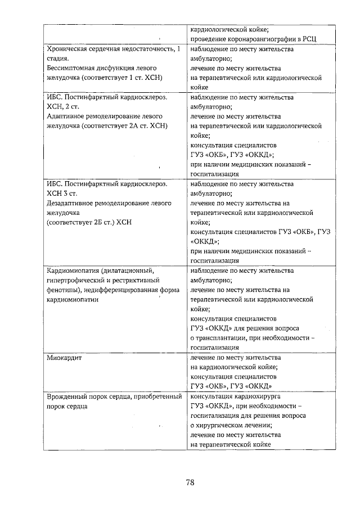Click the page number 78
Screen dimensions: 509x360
(190, 482)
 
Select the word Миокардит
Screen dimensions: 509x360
(64, 358)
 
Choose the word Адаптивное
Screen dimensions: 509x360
(66, 116)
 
